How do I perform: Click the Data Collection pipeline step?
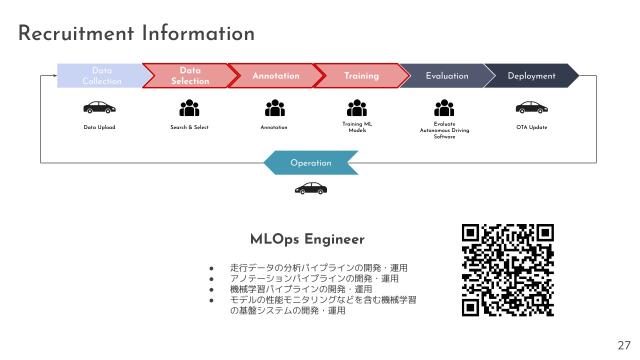(x=100, y=75)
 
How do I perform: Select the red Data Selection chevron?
(x=188, y=75)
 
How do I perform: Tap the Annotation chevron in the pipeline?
(x=275, y=75)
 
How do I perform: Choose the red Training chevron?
(x=360, y=75)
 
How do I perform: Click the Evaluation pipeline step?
(x=446, y=75)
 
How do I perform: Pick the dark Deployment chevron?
(x=531, y=75)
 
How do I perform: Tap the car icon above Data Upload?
(x=99, y=108)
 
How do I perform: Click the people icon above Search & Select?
(x=189, y=108)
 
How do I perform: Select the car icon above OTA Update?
(x=531, y=108)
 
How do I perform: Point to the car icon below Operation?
(x=309, y=188)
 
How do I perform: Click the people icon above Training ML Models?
(x=357, y=108)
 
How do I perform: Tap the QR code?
(x=507, y=270)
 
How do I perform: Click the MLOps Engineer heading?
(x=307, y=240)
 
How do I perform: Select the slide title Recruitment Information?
(x=137, y=34)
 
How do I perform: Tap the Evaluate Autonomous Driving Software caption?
(x=445, y=130)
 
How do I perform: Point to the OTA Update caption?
(x=531, y=127)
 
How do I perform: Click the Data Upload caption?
(x=99, y=127)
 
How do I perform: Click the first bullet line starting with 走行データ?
(x=318, y=268)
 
